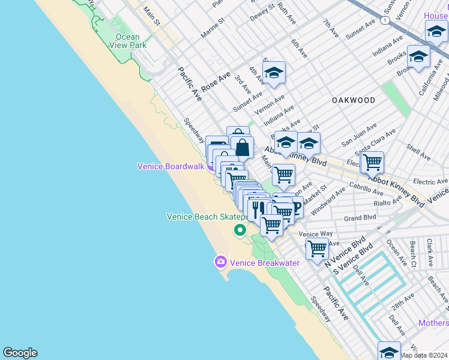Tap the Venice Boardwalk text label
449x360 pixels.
point(171,166)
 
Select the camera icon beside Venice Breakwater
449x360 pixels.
point(220,262)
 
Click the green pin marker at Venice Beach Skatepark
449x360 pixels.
point(240,230)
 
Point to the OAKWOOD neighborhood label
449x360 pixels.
point(354,100)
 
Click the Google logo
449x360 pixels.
point(20,353)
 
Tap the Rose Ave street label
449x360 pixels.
point(215,82)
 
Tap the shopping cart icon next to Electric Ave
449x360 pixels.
point(372,161)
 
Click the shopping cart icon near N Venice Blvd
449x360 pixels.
point(316,247)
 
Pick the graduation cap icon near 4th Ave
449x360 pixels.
point(274,73)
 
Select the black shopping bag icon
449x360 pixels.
point(241,146)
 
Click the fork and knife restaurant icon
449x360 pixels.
point(256,208)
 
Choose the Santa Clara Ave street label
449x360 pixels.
point(376,142)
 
